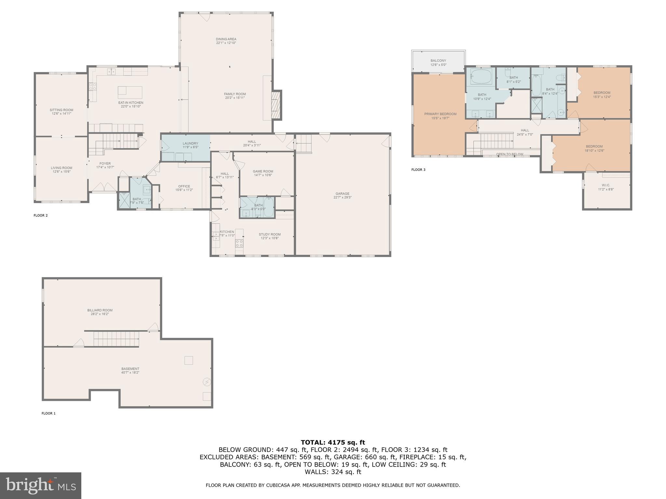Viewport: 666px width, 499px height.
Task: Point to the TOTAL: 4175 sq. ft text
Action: point(333,442)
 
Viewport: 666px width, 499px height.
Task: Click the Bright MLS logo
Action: point(41,485)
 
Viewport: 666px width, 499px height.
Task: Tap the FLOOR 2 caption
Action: point(41,215)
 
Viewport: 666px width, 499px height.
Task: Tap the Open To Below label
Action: point(510,154)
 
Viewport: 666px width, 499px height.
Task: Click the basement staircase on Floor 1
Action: point(116,339)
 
